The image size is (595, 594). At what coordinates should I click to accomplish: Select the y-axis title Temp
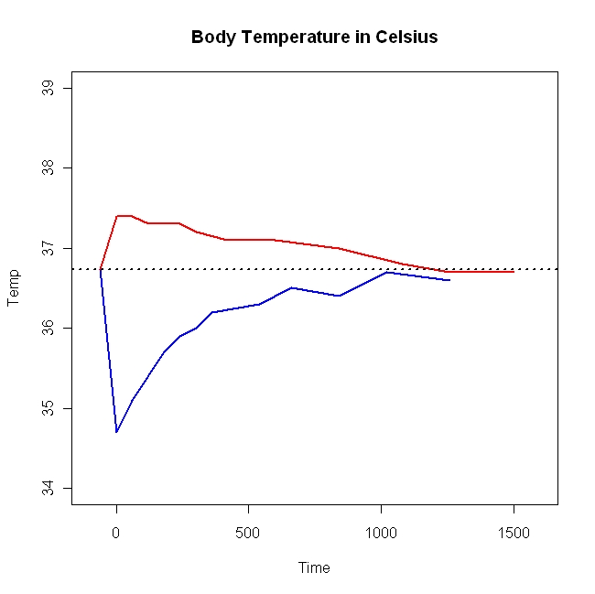(x=14, y=288)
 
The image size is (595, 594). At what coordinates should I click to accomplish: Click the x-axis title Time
(x=314, y=567)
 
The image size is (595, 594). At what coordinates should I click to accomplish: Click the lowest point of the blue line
(x=116, y=432)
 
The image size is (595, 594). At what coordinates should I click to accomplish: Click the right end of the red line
(x=514, y=272)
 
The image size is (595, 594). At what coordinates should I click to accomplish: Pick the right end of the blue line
(x=449, y=280)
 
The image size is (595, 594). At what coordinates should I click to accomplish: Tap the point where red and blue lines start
(x=100, y=269)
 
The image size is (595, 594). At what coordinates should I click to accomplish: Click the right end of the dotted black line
(x=556, y=269)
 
